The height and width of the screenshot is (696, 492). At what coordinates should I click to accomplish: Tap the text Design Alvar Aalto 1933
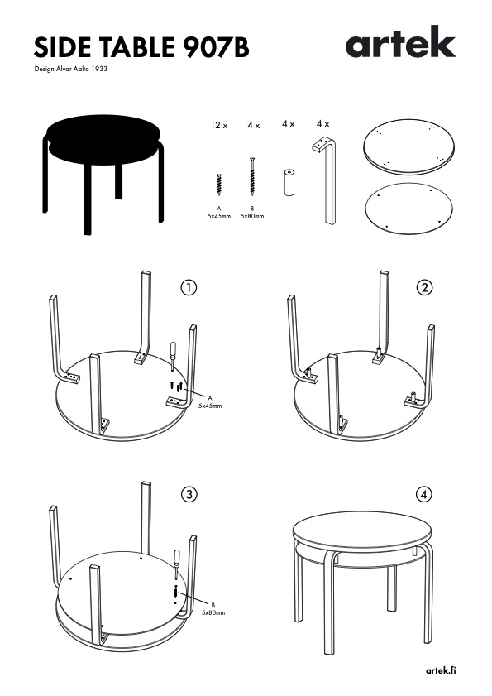point(71,70)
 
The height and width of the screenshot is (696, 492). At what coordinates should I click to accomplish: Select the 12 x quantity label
point(219,126)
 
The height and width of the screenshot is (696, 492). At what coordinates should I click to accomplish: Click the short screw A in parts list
point(219,185)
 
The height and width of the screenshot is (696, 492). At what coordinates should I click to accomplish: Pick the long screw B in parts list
point(252,176)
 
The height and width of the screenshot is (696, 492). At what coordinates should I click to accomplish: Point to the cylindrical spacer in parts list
point(289,181)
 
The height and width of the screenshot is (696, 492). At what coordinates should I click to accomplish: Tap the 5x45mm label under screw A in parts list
point(219,217)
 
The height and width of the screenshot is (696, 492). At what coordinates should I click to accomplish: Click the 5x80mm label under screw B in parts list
point(252,217)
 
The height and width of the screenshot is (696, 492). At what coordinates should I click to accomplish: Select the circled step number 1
point(189,288)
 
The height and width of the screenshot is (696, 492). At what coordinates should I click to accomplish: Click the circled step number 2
point(424,288)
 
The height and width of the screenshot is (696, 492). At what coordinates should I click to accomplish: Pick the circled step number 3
point(189,494)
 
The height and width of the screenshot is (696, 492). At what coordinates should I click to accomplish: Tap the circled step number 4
point(424,494)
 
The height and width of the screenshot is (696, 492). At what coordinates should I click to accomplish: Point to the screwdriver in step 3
point(177,564)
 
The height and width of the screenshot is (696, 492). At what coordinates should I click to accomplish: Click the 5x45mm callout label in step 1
point(210,406)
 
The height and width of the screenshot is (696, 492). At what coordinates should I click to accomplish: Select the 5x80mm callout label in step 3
point(213,613)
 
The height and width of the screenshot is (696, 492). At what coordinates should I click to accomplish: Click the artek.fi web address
point(441,670)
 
